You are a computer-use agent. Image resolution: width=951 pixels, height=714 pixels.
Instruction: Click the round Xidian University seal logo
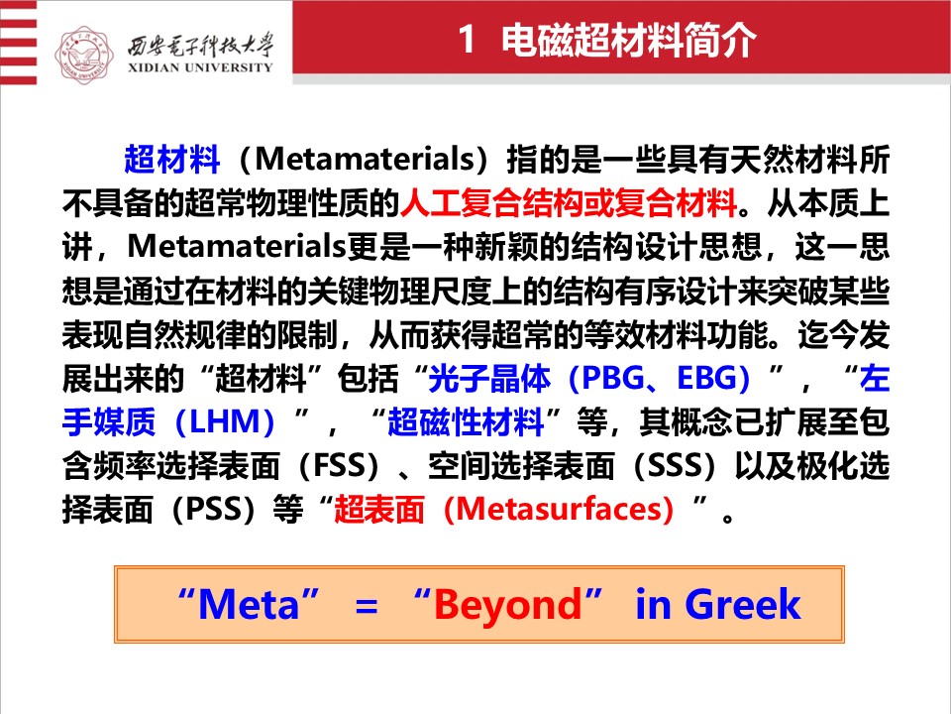[x=83, y=55]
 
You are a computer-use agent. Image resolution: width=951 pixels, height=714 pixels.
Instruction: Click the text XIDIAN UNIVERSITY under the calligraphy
[x=200, y=67]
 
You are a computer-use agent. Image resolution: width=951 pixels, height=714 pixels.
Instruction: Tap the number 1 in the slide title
[x=467, y=40]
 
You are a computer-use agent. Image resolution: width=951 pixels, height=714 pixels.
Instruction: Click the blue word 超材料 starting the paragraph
[x=171, y=159]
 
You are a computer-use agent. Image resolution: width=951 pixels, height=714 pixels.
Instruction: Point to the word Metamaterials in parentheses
[x=364, y=159]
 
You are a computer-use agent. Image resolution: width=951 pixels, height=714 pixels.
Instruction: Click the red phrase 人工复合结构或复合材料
[x=569, y=202]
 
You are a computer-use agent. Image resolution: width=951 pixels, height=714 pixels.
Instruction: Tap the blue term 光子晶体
[x=489, y=378]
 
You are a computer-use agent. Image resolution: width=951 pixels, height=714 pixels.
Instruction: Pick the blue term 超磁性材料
[x=466, y=421]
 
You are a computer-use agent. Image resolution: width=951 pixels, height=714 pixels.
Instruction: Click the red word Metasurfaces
[x=558, y=510]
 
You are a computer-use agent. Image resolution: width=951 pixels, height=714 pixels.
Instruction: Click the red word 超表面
[x=379, y=510]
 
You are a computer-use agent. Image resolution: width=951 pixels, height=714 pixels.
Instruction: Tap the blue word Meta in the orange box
[x=249, y=605]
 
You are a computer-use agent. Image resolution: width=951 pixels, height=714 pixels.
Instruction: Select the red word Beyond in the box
[x=507, y=605]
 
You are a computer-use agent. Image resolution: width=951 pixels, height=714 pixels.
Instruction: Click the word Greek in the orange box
[x=743, y=605]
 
